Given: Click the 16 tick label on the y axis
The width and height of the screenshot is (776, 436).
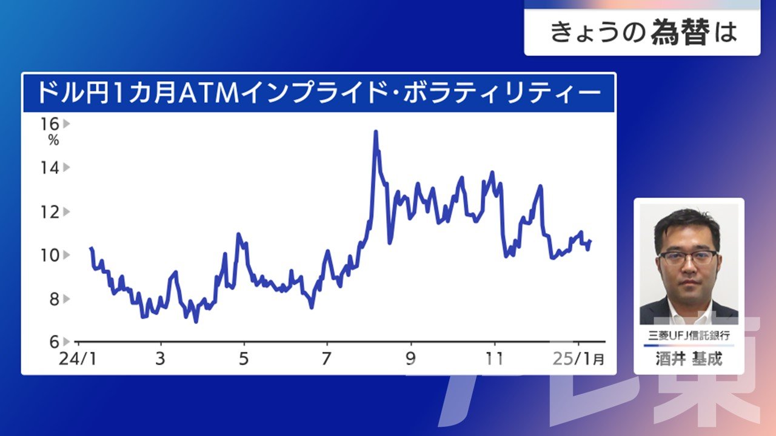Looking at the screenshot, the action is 50,124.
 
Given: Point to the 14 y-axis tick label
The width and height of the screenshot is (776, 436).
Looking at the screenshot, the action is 50,168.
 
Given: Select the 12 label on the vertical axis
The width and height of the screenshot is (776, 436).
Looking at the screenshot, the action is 50,212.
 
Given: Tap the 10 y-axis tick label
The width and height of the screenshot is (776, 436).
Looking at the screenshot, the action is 50,256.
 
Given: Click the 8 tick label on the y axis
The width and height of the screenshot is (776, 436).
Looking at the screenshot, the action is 55,299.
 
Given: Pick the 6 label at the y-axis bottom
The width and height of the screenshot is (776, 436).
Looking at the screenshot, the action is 55,342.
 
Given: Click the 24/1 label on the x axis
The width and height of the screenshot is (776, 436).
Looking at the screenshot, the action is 78,359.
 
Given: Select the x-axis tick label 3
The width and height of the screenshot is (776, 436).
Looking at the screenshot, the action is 160,359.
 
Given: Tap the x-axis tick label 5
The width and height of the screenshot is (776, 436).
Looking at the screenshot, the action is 244,359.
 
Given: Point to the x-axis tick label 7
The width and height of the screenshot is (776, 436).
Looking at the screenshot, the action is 326,359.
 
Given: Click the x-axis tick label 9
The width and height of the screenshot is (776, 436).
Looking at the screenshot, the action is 410,359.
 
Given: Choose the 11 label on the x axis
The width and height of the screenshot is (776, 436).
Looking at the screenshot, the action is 494,359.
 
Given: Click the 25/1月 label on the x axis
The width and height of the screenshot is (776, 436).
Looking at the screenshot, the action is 578,359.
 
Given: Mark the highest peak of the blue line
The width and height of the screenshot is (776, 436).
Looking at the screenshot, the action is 375,131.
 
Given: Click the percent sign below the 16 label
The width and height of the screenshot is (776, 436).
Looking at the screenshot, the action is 54,140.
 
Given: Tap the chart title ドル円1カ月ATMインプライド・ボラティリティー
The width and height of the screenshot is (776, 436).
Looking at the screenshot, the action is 319,93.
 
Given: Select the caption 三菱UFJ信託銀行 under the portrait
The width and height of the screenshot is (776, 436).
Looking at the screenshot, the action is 689,335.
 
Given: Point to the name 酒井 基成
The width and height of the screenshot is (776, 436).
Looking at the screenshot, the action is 689,358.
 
